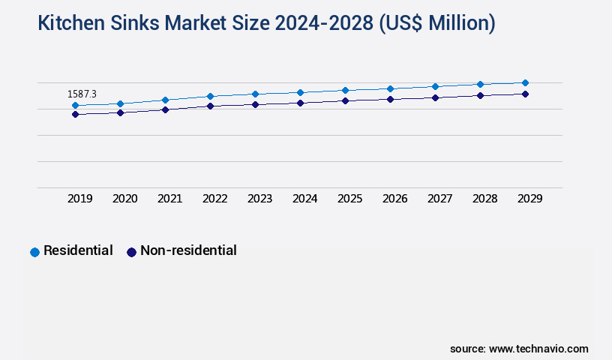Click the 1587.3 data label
82,94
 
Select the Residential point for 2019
75,106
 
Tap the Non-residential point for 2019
75,115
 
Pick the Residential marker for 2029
525,82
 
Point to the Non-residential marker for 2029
525,94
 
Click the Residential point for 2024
300,92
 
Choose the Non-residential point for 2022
210,106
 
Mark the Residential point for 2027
435,86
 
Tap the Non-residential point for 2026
390,99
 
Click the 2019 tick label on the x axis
80,199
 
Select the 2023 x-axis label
260,199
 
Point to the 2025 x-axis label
350,199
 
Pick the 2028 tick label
485,199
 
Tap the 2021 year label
170,199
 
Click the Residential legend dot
34,252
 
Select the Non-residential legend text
188,250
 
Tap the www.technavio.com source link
538,349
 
